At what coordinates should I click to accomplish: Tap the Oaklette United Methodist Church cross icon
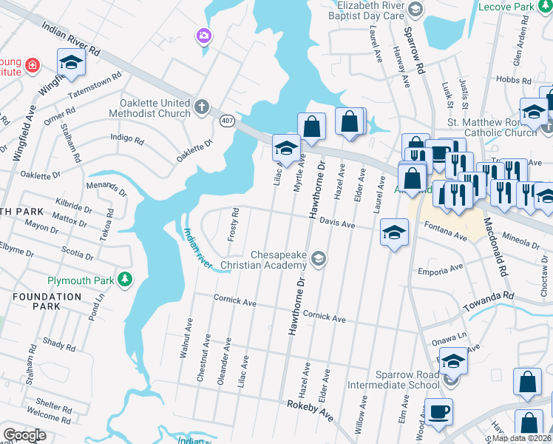[x=202, y=107]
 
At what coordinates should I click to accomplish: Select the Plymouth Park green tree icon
[x=126, y=279]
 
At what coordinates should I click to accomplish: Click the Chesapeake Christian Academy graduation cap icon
[x=319, y=258]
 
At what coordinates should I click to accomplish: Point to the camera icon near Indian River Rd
[x=203, y=36]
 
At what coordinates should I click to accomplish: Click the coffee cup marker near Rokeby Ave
[x=438, y=411]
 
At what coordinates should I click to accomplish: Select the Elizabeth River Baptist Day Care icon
[x=415, y=10]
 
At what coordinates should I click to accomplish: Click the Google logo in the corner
[x=24, y=435]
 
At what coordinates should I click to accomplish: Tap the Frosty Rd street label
[x=234, y=221]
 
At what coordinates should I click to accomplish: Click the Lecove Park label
[x=515, y=7]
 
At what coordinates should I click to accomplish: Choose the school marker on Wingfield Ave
[x=71, y=63]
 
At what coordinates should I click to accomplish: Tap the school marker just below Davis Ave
[x=394, y=233]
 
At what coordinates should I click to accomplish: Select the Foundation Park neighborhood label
[x=46, y=301]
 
